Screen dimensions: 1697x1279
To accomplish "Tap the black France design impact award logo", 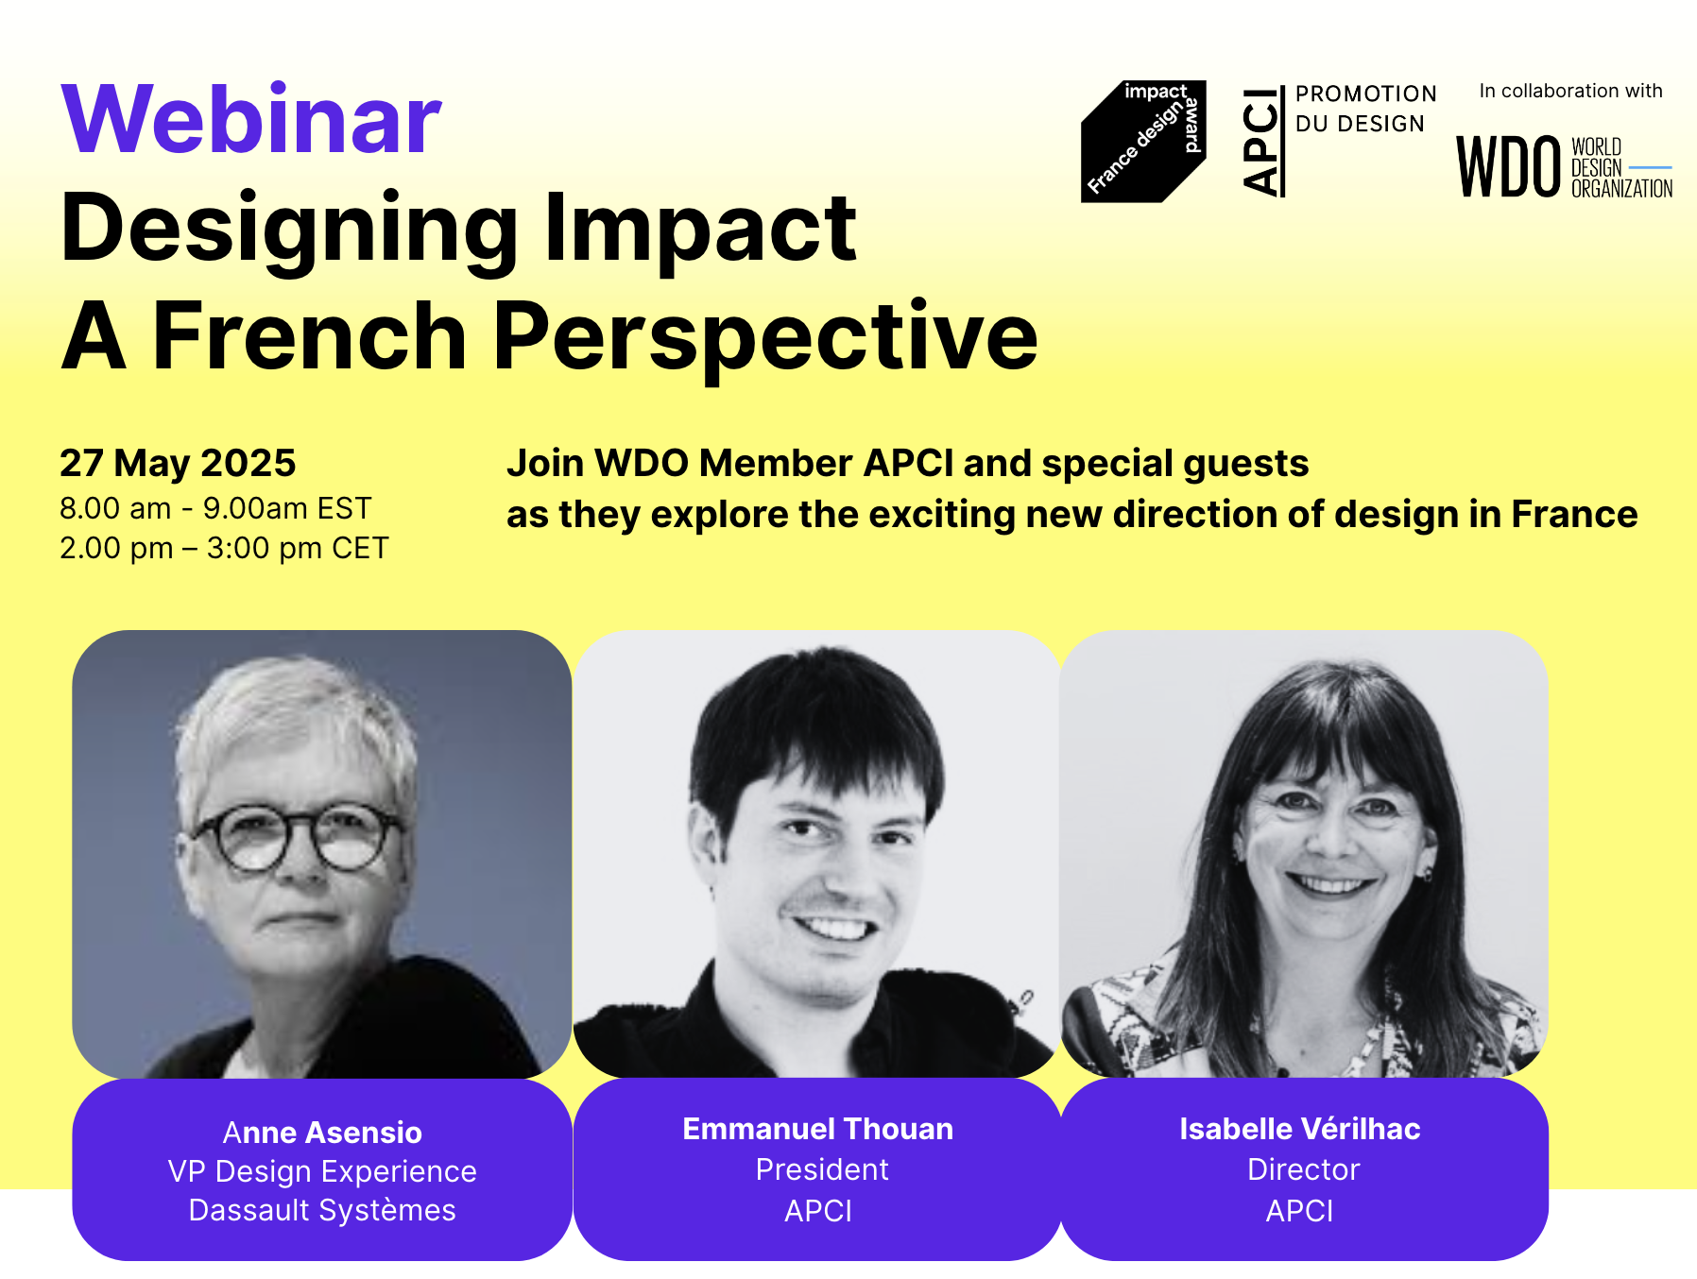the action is coord(1143,142).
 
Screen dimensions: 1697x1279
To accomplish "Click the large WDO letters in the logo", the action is coord(1508,167).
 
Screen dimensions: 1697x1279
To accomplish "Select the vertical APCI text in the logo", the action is coord(1261,142).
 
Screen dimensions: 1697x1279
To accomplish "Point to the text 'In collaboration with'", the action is coord(1570,91).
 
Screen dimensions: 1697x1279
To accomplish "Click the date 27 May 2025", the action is coord(178,463).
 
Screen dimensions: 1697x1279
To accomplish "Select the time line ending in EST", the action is coord(215,508).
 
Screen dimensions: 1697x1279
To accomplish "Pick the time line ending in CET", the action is coord(224,548).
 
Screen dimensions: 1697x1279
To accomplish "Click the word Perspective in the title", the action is coord(765,337).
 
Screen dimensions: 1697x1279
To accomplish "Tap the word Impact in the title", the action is coord(700,229).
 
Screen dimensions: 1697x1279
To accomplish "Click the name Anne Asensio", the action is coord(322,1132).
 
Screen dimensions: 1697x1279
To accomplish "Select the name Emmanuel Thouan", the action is coord(818,1128).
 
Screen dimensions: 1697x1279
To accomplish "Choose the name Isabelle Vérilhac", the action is coord(1300,1128).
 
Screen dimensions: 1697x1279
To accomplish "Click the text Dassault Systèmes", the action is coord(322,1210).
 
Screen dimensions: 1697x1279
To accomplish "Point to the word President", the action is coord(822,1169).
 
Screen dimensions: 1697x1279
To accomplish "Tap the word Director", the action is coord(1304,1169).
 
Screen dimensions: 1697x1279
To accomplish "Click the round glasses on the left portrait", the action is coord(296,838).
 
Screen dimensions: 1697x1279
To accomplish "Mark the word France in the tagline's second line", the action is coord(1574,514).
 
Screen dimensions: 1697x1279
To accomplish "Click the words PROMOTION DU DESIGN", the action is coord(1365,109).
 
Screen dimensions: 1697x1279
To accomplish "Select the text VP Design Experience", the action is coord(322,1171).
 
